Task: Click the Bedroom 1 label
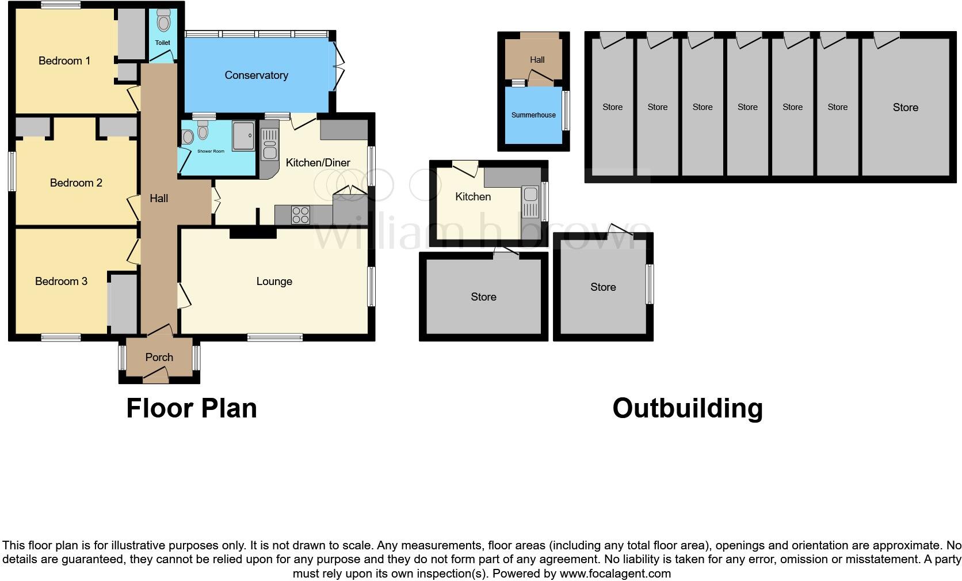click(x=64, y=60)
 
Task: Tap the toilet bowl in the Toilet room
click(x=164, y=22)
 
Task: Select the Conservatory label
click(x=256, y=75)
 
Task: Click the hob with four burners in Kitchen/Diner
click(x=300, y=215)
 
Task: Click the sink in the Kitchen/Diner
click(x=269, y=145)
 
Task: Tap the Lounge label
click(x=274, y=281)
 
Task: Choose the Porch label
click(x=159, y=357)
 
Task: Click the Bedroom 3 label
click(x=61, y=281)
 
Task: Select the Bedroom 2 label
click(x=76, y=183)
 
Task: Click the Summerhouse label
click(x=533, y=115)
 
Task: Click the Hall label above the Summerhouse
click(x=537, y=59)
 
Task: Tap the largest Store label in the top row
click(x=905, y=107)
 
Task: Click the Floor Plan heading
click(x=191, y=408)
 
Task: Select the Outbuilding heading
click(x=687, y=408)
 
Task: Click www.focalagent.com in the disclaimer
click(x=615, y=574)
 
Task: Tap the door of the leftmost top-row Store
click(x=612, y=41)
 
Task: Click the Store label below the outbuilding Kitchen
click(x=483, y=297)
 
